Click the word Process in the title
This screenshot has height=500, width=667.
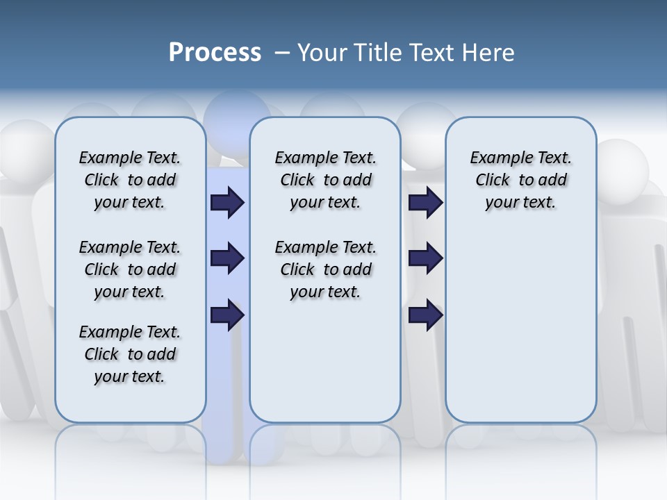215,53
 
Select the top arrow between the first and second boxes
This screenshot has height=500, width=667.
227,203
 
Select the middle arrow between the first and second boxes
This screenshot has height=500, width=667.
227,259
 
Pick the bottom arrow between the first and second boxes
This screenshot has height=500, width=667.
227,315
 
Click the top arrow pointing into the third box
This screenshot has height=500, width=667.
425,203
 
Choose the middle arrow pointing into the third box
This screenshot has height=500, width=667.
425,259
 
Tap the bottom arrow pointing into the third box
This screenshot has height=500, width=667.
425,315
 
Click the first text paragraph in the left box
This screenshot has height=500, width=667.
130,180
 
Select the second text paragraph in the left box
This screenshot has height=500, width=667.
130,269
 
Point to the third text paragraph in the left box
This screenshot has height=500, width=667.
130,354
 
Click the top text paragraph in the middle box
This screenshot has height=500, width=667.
325,180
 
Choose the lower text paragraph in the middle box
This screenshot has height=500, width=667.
325,269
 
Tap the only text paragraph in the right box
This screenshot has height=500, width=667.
520,180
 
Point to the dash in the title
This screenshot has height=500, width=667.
281,53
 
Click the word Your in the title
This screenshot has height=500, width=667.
323,53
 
